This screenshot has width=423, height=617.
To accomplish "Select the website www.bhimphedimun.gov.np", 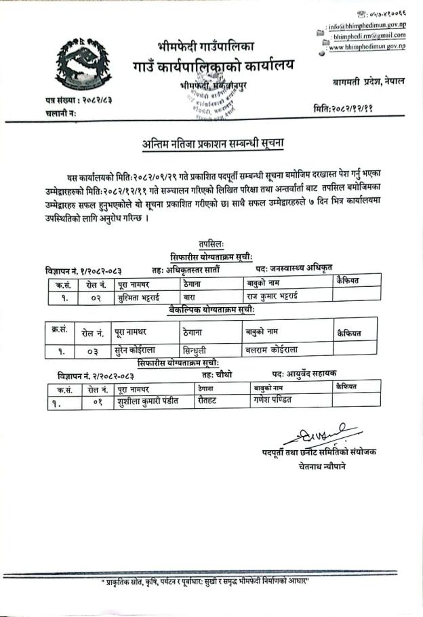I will pos(367,47).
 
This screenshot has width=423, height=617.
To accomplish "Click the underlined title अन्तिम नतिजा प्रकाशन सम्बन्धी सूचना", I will pos(214,143).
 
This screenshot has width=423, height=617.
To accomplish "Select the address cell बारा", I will pos(190,296).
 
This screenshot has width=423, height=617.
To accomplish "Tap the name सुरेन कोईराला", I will pos(141,350).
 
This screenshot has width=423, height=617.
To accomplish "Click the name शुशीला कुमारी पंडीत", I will pos(147,401).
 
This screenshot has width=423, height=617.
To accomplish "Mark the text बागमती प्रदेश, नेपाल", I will pos(369,81).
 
